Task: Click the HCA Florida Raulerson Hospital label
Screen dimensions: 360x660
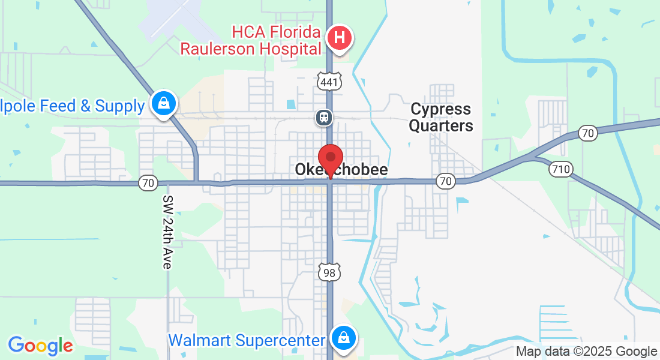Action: pos(251,39)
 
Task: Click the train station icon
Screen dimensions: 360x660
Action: pos(324,116)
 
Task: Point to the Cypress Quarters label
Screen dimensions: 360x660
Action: pos(442,118)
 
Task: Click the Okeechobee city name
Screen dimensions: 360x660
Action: pos(341,170)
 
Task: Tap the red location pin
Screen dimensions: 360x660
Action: pos(330,159)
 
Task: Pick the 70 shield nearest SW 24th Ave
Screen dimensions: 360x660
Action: pos(148,182)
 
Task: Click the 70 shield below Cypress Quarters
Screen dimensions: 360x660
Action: pos(445,181)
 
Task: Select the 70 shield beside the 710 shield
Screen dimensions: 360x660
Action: pos(588,133)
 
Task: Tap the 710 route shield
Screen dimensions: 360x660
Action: pos(560,169)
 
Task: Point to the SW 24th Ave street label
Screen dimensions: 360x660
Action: pos(168,232)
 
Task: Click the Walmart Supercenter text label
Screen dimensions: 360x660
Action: pos(246,341)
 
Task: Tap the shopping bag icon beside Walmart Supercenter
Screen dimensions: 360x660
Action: pos(343,337)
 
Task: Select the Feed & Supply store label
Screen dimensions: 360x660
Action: pos(72,106)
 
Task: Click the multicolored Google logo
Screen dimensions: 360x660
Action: pos(40,346)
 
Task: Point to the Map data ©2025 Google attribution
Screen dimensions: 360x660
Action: pos(587,352)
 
